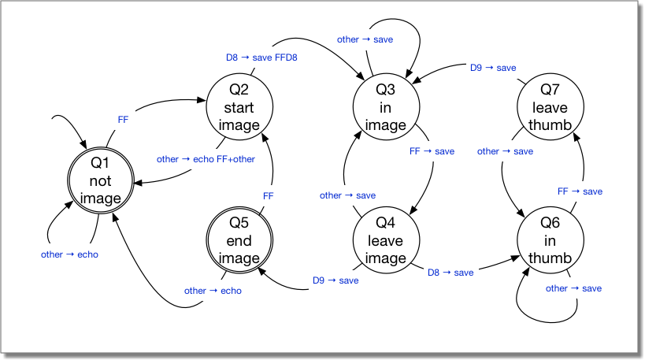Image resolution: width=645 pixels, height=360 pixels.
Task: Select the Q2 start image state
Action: click(239, 107)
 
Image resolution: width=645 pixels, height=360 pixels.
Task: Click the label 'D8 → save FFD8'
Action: click(261, 58)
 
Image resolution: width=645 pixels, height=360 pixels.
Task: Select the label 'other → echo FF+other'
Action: click(206, 159)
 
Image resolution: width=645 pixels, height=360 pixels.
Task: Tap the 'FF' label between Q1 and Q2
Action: click(123, 119)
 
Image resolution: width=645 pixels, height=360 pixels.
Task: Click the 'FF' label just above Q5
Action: click(268, 195)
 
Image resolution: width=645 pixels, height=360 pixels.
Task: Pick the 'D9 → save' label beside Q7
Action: click(493, 68)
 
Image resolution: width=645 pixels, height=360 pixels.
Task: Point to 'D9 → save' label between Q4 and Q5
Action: click(335, 280)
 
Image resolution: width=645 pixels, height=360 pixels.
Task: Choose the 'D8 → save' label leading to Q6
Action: click(450, 273)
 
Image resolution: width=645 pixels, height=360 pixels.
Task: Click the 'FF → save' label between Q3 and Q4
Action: click(432, 151)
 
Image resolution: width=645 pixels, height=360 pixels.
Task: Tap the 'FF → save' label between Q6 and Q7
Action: click(580, 191)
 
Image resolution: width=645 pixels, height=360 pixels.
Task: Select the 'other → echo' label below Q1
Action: click(69, 254)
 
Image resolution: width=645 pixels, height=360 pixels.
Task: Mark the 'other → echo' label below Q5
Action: click(213, 291)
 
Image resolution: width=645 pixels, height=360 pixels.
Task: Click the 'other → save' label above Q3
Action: click(365, 39)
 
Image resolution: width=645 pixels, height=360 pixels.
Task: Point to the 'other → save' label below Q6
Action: click(573, 288)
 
